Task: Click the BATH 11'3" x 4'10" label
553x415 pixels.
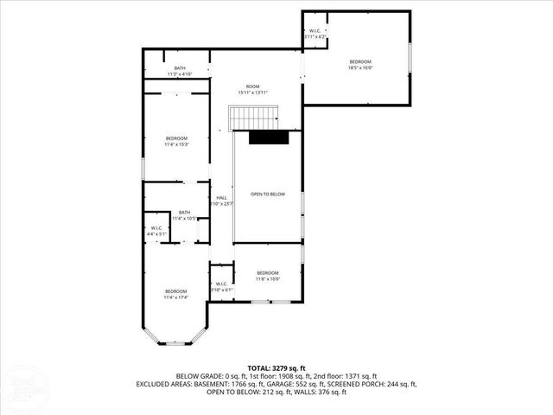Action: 180,72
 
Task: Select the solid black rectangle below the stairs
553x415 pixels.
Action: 267,137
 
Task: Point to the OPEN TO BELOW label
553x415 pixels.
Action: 268,195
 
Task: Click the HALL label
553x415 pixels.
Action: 222,201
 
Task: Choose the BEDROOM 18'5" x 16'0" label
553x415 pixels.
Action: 360,65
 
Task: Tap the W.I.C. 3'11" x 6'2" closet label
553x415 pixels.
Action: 315,35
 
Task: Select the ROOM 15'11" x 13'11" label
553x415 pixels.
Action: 252,89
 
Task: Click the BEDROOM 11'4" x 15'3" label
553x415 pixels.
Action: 176,142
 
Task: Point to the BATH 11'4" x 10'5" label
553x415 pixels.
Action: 184,216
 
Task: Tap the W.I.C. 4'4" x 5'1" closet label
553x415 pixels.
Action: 157,231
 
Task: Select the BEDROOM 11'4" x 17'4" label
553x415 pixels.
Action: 176,294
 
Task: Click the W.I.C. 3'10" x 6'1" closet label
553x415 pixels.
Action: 221,286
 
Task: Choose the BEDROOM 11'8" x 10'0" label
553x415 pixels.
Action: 267,276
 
